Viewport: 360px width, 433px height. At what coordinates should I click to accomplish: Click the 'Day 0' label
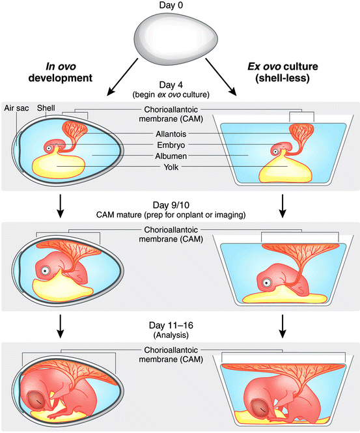coord(180,6)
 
